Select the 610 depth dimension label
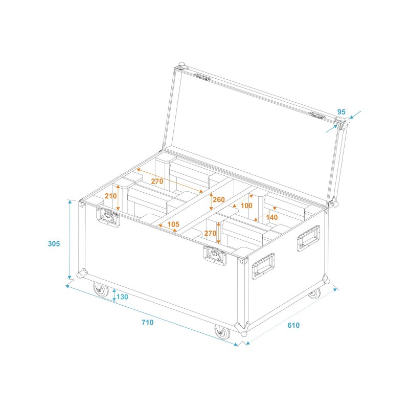[x=293, y=325]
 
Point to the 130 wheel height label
[x=123, y=297]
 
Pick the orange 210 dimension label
[x=111, y=196]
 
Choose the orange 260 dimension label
[x=219, y=199]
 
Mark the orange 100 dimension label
[x=246, y=206]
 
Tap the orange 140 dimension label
[x=272, y=217]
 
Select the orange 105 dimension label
[x=173, y=224]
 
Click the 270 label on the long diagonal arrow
[x=157, y=181]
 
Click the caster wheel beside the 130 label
[x=100, y=290]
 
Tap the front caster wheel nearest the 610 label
[x=223, y=333]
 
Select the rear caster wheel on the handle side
[x=313, y=293]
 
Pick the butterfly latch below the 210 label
[x=109, y=219]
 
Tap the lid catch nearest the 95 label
[x=317, y=115]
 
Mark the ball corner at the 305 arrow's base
[x=80, y=275]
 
